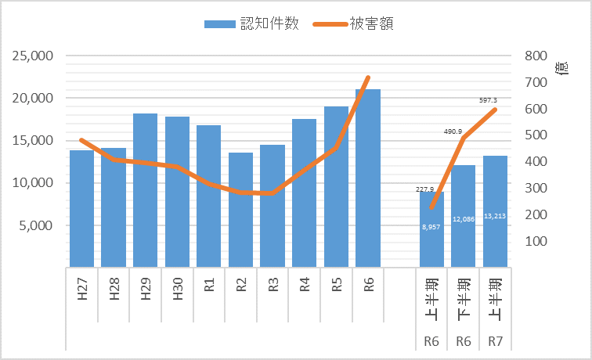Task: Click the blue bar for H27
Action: pos(81,208)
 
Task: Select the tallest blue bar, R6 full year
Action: pos(368,178)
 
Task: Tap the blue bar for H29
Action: pos(145,190)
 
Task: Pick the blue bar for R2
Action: pos(240,210)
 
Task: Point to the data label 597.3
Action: pos(488,100)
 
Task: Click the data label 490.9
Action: pos(454,131)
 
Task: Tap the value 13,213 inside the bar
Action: pos(495,216)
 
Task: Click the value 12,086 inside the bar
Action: pos(463,220)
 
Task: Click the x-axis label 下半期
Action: pos(464,295)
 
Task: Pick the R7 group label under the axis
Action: pos(495,340)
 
